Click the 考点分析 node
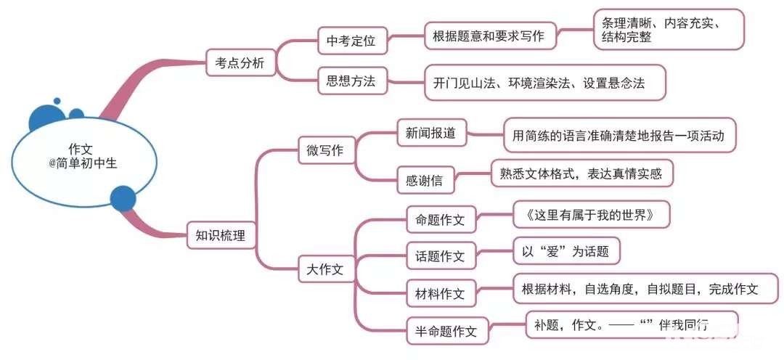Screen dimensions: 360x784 tap(235, 64)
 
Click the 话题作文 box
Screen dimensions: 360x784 tap(440, 255)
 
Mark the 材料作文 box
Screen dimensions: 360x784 tap(440, 293)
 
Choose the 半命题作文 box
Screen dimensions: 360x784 tap(446, 331)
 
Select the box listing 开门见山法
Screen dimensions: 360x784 tap(544, 83)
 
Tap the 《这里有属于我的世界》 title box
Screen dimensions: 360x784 tap(590, 215)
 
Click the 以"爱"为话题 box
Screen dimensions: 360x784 tap(565, 253)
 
